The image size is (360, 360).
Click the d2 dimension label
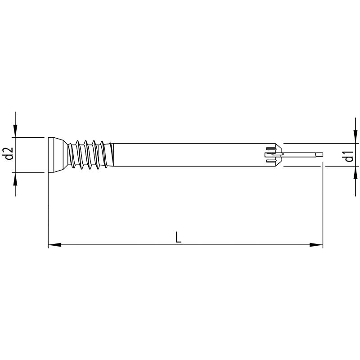coord(9,153)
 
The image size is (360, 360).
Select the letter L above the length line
coord(178,237)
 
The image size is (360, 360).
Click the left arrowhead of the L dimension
coord(54,245)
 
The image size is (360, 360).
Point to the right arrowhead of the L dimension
coord(316,245)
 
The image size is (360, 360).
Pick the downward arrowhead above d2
coord(15,131)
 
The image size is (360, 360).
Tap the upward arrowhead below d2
coord(15,179)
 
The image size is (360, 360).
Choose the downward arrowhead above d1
coord(355,137)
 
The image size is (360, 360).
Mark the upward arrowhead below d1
coord(355,172)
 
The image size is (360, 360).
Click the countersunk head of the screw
coord(58,155)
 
